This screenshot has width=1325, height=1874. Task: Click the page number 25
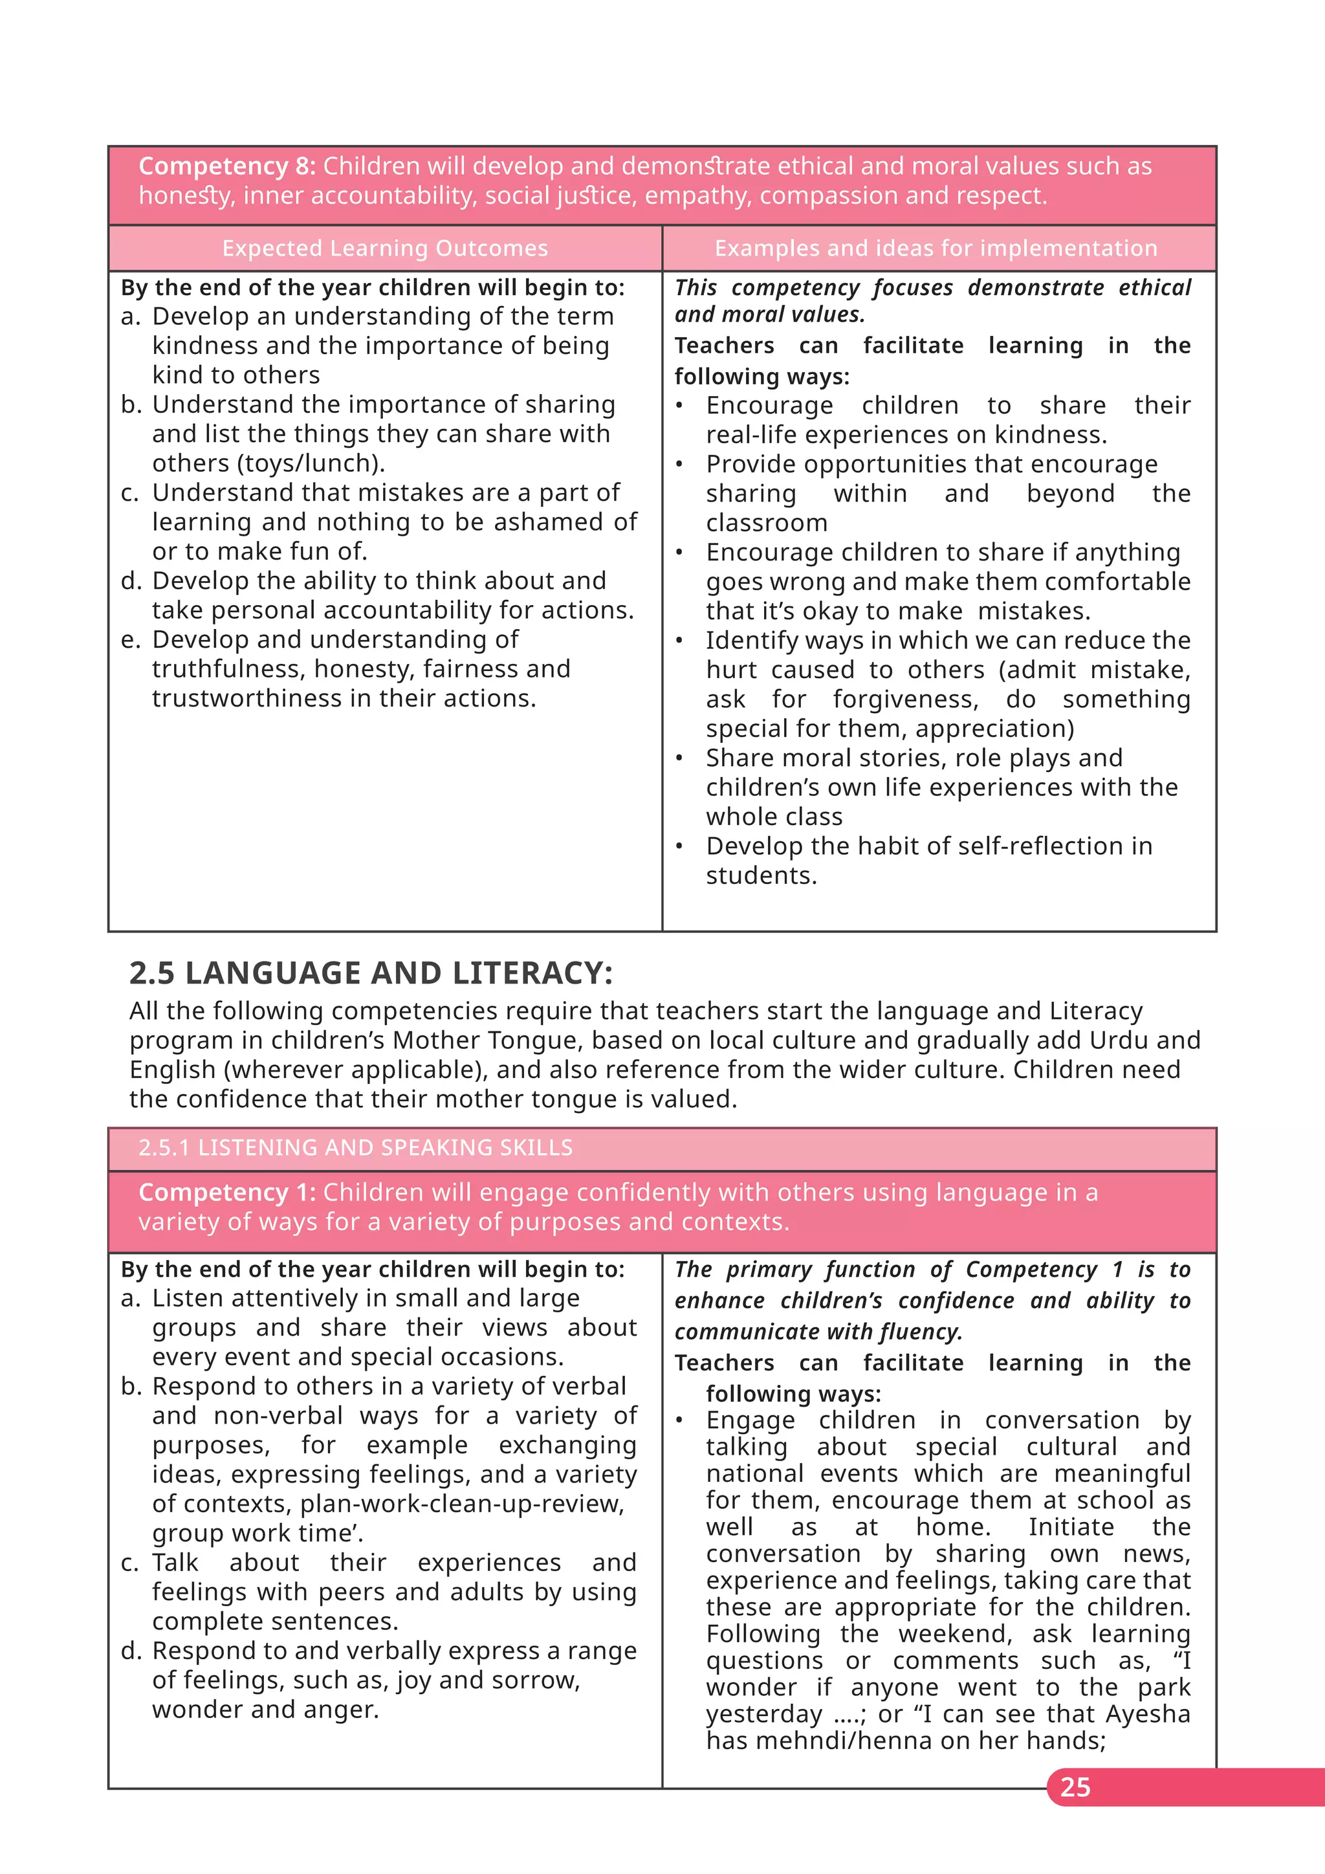[1075, 1787]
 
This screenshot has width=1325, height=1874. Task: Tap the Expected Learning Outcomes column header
[384, 248]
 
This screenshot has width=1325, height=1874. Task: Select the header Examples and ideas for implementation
[936, 248]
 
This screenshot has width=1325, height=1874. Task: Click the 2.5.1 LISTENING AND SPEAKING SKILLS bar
[356, 1147]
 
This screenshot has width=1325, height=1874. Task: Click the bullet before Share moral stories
[679, 758]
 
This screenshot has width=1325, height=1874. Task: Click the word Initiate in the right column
[1071, 1527]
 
